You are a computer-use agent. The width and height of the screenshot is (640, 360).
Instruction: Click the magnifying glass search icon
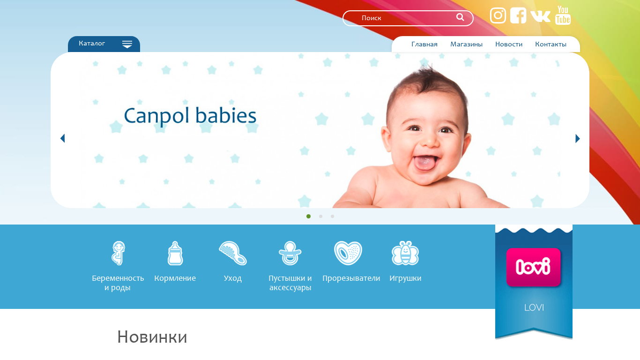[x=460, y=17]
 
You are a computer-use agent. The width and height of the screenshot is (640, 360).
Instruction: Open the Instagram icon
[x=498, y=15]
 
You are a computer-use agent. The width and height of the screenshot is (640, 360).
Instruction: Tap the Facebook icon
[x=518, y=15]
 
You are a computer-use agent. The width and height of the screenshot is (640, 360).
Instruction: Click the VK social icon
[x=540, y=16]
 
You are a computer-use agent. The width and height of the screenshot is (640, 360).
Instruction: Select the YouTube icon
[x=563, y=15]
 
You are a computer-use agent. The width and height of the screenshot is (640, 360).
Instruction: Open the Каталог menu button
[x=104, y=44]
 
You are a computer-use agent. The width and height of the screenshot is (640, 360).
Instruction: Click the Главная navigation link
[x=424, y=45]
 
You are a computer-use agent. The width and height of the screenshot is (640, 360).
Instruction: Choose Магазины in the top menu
[x=466, y=45]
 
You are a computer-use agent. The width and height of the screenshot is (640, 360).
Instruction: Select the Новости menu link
[x=508, y=45]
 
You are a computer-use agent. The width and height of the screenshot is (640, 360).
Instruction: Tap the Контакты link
[x=551, y=45]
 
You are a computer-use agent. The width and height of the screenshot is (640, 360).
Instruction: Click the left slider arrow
[x=63, y=138]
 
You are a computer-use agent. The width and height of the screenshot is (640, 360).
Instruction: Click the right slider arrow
[x=577, y=139]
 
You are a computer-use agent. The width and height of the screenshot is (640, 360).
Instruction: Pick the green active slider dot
[x=309, y=217]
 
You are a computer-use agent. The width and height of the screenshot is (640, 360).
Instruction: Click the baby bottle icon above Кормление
[x=175, y=253]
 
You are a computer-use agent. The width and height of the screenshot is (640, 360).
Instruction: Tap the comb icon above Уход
[x=233, y=253]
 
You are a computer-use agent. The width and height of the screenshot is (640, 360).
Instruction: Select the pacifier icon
[x=290, y=253]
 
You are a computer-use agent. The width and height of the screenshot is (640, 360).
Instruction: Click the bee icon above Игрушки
[x=405, y=253]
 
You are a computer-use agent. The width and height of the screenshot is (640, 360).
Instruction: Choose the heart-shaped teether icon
[x=348, y=253]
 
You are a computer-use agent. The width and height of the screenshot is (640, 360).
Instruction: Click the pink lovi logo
[x=534, y=267]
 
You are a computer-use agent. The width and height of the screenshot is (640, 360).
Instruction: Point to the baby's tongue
[x=425, y=163]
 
